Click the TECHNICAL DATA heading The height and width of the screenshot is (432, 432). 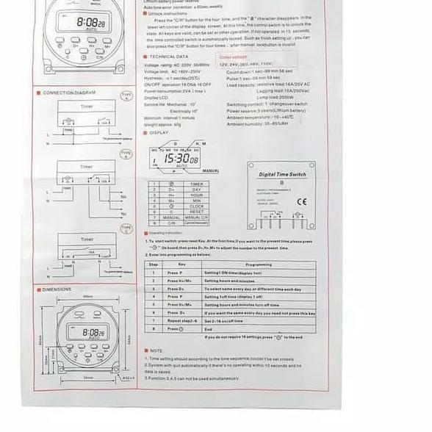[169, 57]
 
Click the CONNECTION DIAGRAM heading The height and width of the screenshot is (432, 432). [69, 93]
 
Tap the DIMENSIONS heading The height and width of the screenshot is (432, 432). [57, 290]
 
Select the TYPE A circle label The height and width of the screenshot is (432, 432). [126, 96]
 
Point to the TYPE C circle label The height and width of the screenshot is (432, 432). [126, 228]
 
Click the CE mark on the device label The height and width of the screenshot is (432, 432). [301, 201]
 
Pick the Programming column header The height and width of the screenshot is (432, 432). [259, 264]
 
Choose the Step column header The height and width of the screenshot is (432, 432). [154, 264]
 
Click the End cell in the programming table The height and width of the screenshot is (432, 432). [209, 329]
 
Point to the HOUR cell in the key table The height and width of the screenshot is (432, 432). [196, 195]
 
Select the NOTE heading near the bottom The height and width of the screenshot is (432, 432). [154, 350]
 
